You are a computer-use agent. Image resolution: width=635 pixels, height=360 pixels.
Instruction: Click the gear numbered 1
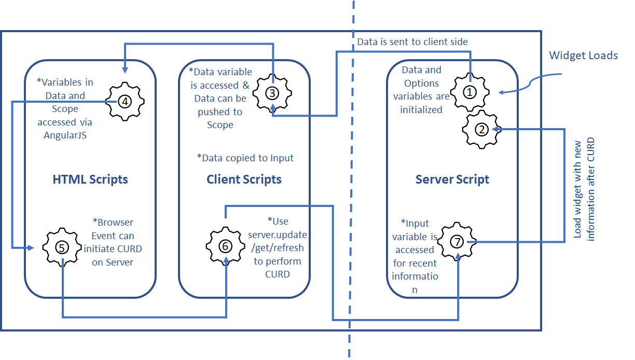[470, 92]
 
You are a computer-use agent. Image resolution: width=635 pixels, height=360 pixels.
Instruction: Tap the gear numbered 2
[482, 130]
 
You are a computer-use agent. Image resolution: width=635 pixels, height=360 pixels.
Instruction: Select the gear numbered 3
[272, 93]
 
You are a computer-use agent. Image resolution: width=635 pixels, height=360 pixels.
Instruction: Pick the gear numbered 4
[125, 101]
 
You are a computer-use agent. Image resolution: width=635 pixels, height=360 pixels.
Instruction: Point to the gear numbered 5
[61, 246]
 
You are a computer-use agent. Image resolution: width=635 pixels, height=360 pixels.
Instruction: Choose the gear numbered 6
[225, 246]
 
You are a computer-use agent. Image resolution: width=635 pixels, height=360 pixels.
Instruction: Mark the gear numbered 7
[456, 242]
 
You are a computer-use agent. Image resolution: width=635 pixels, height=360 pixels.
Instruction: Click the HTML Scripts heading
[90, 179]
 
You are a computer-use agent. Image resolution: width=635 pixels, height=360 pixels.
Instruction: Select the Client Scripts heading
[244, 179]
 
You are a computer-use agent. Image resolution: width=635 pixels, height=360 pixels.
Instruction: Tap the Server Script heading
[452, 179]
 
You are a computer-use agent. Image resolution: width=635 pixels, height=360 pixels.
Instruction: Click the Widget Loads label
[583, 55]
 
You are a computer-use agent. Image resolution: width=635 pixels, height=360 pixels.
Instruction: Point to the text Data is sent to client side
[412, 41]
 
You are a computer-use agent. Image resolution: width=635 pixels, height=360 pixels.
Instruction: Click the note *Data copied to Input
[245, 158]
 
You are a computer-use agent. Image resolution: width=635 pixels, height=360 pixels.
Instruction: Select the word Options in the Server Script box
[421, 83]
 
